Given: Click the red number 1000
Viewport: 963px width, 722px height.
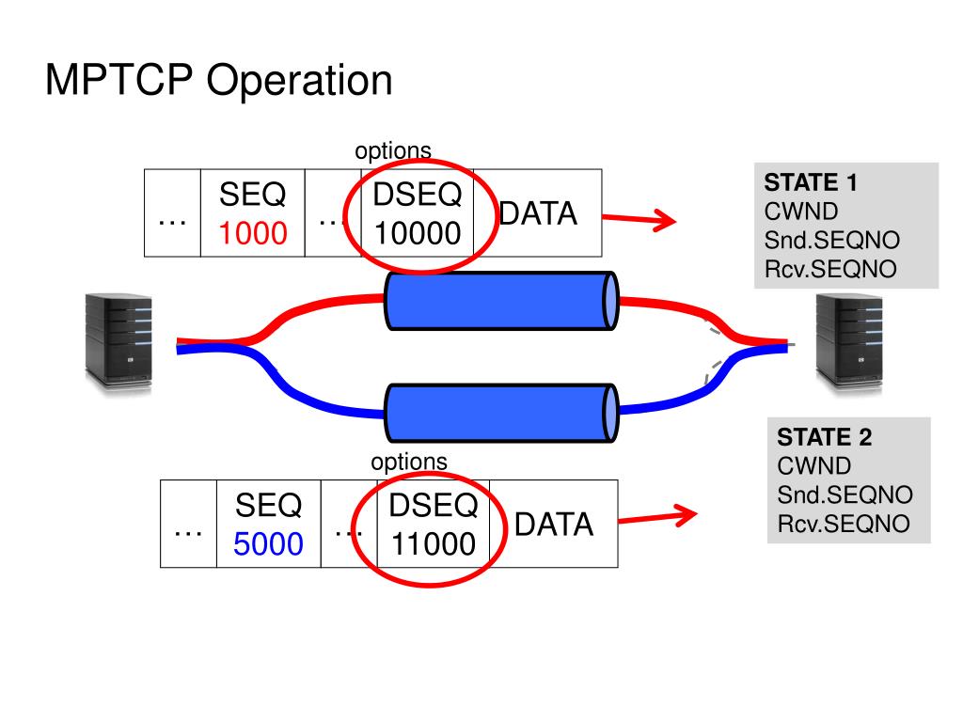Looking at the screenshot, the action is (x=253, y=233).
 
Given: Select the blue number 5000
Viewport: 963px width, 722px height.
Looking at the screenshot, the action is (x=268, y=544).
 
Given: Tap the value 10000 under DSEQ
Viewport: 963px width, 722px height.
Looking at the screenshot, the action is (x=418, y=233).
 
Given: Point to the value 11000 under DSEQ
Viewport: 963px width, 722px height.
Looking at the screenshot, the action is (x=434, y=544).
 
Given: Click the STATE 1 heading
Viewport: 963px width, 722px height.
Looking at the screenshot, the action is (x=810, y=182).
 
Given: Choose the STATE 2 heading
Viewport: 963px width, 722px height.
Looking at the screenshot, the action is (x=824, y=437).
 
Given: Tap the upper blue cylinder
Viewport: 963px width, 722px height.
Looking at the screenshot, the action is (x=501, y=301).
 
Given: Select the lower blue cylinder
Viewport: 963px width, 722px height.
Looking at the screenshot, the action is (x=501, y=414).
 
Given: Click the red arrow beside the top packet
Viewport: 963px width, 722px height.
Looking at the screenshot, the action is (x=639, y=218).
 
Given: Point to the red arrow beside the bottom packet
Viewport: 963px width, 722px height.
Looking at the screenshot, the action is (x=657, y=518).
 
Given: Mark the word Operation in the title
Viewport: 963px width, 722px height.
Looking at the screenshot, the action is (x=299, y=82).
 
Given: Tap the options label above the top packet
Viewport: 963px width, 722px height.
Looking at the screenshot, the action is (x=393, y=150).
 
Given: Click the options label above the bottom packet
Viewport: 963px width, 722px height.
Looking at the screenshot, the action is (x=409, y=462).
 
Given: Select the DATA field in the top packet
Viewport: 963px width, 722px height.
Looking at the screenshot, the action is (x=538, y=213).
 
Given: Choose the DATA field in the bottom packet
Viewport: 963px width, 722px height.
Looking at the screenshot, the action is (x=554, y=525).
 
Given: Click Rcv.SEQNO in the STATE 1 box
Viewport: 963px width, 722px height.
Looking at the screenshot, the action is (x=830, y=269).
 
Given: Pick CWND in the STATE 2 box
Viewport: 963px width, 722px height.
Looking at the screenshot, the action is (x=813, y=466).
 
